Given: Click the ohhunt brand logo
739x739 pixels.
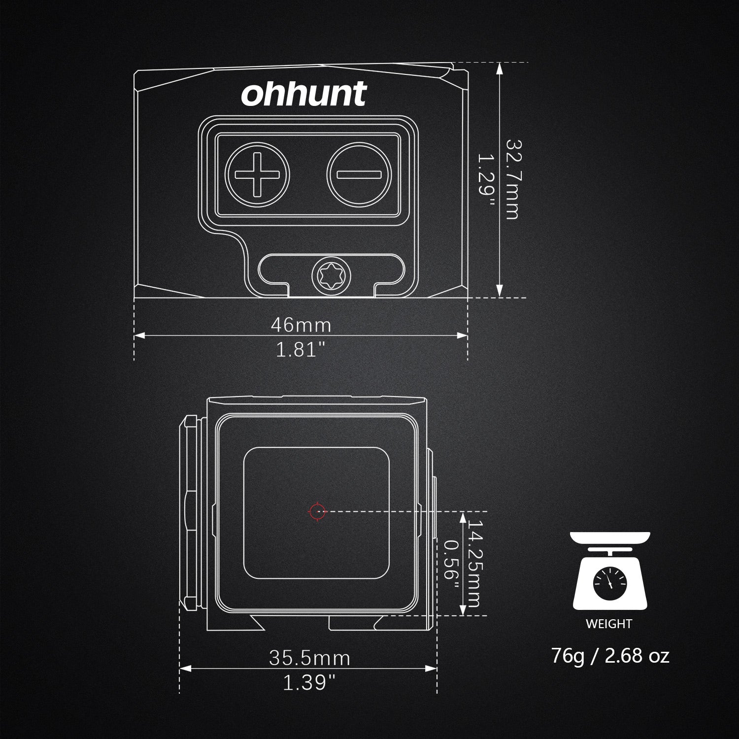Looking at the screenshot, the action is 304,94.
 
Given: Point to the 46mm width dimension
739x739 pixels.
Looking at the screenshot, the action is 301,325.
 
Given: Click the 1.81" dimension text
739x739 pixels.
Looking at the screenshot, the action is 301,350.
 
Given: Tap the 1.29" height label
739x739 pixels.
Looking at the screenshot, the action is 486,179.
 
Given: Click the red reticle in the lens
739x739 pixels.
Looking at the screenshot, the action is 317,511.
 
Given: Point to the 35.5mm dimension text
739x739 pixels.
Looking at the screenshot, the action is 309,658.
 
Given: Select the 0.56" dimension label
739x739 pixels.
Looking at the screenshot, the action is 451,564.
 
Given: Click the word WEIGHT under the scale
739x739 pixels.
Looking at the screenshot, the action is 608,624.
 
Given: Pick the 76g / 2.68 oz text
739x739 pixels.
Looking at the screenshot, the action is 610,656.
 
